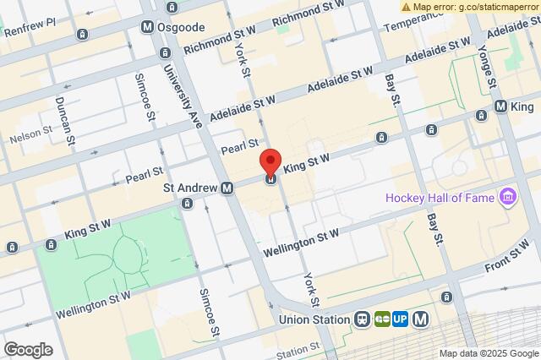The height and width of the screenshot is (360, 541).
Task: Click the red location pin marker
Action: click(x=270, y=162)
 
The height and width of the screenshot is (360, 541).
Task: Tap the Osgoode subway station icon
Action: click(x=147, y=27)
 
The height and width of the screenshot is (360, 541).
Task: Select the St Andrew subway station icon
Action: click(x=227, y=188)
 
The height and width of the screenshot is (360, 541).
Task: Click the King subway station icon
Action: click(x=501, y=107)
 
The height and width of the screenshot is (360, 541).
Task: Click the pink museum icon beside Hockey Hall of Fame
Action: click(x=507, y=199)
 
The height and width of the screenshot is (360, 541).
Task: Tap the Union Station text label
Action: click(x=314, y=320)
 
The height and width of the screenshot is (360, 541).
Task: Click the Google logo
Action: click(x=27, y=349)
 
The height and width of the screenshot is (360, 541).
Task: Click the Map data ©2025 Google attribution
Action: click(x=488, y=353)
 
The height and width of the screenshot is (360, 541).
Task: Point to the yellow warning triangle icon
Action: click(x=407, y=6)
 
